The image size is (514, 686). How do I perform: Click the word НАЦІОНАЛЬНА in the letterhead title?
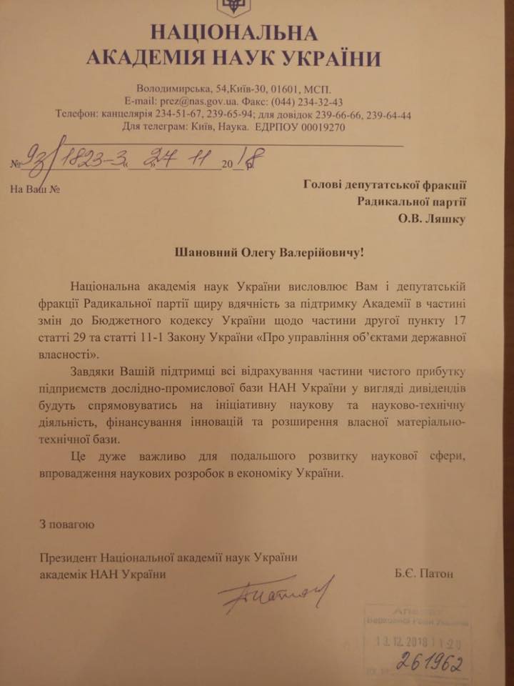click(x=233, y=32)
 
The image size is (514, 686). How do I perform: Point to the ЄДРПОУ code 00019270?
click(x=315, y=126)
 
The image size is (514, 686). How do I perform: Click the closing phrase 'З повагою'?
click(x=66, y=525)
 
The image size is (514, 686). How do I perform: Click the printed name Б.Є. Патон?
click(x=423, y=573)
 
